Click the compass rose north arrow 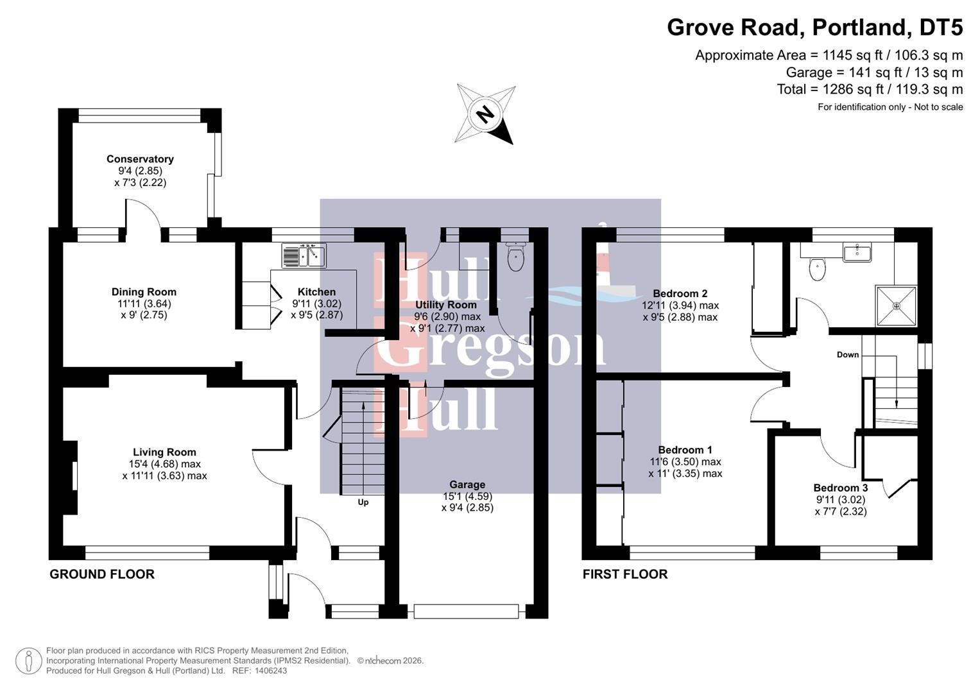coord(486,114)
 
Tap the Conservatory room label coord(140,159)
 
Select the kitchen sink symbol coord(304,255)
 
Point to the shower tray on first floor coord(896,306)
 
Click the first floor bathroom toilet coord(817,269)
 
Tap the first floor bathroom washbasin coord(857,252)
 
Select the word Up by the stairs coord(363,502)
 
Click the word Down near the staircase coord(847,355)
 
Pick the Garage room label coord(467,484)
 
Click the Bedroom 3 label coord(840,488)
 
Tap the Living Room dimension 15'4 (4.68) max coord(164,464)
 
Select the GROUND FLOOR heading coord(102,574)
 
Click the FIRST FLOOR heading coord(625,574)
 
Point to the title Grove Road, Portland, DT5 coord(814,28)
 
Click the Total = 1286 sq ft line coord(870,89)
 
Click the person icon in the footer coord(28,661)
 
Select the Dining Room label coord(144,292)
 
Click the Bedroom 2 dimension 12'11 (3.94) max coord(680,305)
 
